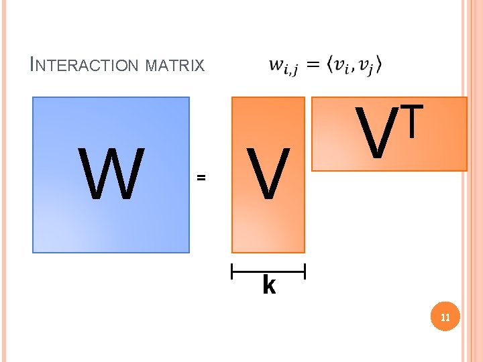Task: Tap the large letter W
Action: [x=112, y=174]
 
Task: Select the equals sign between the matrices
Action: [x=200, y=178]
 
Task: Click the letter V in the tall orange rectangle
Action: [x=268, y=175]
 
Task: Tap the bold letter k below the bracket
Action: [x=268, y=286]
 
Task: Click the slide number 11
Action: [x=445, y=317]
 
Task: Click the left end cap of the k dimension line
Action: [x=231, y=271]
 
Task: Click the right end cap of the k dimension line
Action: [x=305, y=271]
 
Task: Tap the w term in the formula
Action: [x=280, y=66]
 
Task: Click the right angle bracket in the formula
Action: [x=379, y=65]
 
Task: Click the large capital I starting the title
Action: [x=34, y=64]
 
